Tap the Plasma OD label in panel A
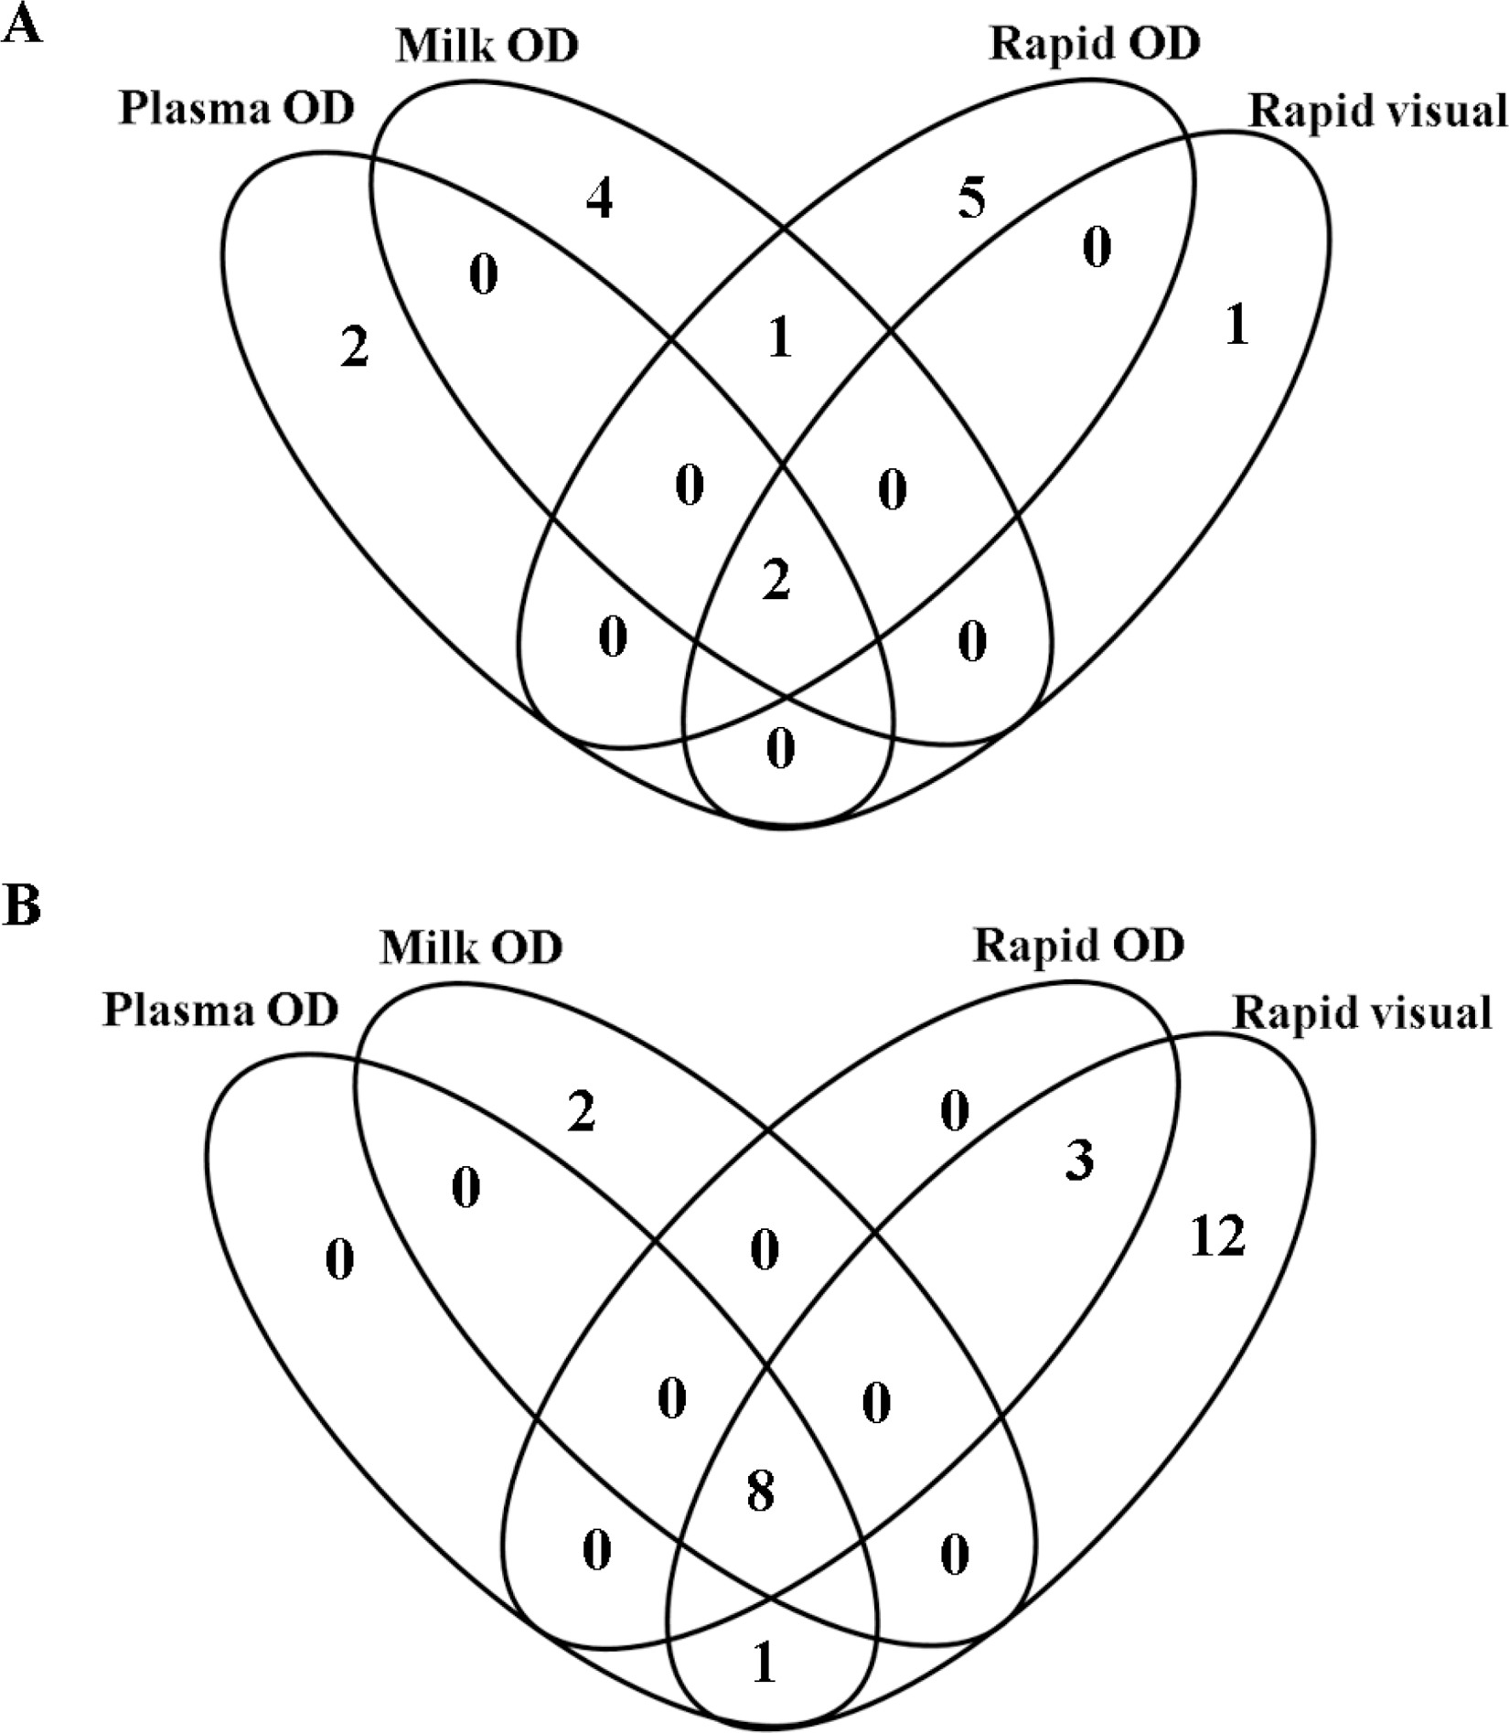[x=236, y=111]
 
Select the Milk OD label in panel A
[x=487, y=47]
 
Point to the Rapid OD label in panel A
[x=1094, y=44]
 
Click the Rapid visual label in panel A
[x=1377, y=112]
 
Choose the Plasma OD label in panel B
[x=219, y=1011]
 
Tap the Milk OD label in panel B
[x=471, y=948]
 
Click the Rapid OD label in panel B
[x=1078, y=946]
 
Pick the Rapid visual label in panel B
[x=1362, y=1013]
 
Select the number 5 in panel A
[x=972, y=198]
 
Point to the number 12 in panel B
[x=1218, y=1236]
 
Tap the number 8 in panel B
[x=760, y=1492]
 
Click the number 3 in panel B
[x=1080, y=1162]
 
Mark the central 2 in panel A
[x=776, y=582]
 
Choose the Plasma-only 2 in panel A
[x=354, y=348]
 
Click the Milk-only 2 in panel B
[x=582, y=1113]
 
